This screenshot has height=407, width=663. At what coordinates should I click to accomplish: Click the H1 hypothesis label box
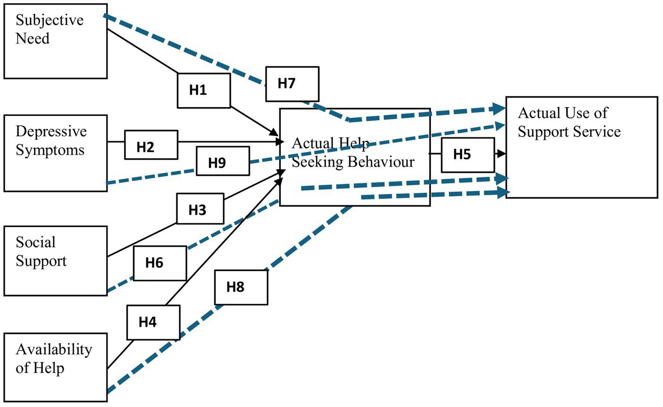pyautogui.click(x=204, y=90)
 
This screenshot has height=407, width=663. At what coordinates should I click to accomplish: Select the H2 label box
pyautogui.click(x=151, y=145)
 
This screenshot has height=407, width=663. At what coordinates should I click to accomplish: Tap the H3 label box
pyautogui.click(x=200, y=208)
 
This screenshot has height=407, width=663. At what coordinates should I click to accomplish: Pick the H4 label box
pyautogui.click(x=153, y=322)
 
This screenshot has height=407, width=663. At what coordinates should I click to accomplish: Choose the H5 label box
pyautogui.click(x=468, y=155)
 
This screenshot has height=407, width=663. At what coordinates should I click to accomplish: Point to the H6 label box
pyautogui.click(x=159, y=263)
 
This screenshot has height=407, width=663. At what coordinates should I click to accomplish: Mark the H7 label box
pyautogui.click(x=292, y=84)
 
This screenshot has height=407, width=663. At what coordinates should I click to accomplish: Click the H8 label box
pyautogui.click(x=241, y=287)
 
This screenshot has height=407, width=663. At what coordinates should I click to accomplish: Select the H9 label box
pyautogui.click(x=223, y=161)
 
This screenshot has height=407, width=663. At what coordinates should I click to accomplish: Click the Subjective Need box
pyautogui.click(x=56, y=41)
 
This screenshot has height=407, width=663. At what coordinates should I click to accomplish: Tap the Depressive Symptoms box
pyautogui.click(x=56, y=153)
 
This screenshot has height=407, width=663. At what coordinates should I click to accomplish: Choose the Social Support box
pyautogui.click(x=56, y=261)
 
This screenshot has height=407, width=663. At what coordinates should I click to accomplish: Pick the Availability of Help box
pyautogui.click(x=56, y=368)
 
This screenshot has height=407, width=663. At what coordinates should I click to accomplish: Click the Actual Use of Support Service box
pyautogui.click(x=581, y=148)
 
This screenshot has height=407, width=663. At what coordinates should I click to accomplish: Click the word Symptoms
pyautogui.click(x=50, y=150)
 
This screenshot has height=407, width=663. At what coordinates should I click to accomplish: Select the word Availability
pyautogui.click(x=54, y=349)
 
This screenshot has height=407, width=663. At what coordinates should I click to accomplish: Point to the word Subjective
pyautogui.click(x=50, y=20)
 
